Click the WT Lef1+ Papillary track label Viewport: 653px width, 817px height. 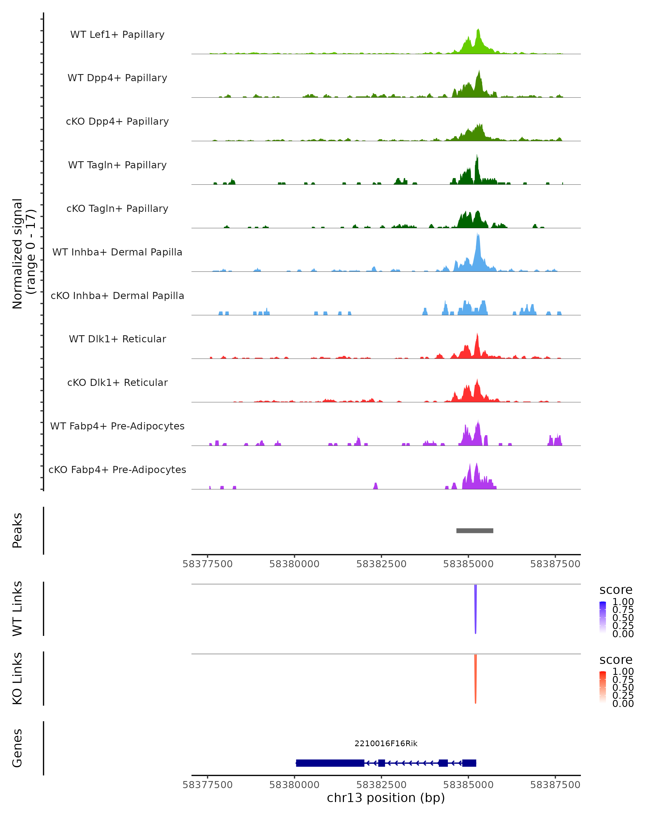[x=117, y=35]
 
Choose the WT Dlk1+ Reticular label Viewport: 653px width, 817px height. [x=117, y=339]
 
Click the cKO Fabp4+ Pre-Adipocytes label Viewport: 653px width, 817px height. [x=117, y=470]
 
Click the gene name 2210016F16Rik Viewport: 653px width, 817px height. [x=386, y=743]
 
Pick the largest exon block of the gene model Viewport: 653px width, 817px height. [x=330, y=763]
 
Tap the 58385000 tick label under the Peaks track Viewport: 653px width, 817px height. [x=468, y=564]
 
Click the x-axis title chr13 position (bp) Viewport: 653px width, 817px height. [x=386, y=798]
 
